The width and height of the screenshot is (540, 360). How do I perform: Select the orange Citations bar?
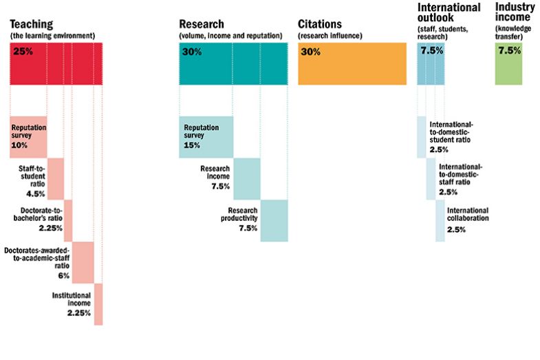coord(352,64)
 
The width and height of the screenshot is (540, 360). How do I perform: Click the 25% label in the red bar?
coord(23,52)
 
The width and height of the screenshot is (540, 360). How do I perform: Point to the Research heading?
coord(201,24)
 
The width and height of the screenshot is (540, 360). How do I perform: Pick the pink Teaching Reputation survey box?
coord(28,137)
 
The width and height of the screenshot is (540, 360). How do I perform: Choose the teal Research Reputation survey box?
coord(206,137)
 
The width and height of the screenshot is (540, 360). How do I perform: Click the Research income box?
coord(247,178)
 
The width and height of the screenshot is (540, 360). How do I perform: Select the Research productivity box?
coord(274,220)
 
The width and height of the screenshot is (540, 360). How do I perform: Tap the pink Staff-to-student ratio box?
coord(56,178)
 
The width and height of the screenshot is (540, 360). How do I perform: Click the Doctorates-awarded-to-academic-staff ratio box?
coord(83,262)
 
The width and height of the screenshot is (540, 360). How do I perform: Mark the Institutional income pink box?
coord(98,304)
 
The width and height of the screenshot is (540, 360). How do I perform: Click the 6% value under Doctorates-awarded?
coord(63,275)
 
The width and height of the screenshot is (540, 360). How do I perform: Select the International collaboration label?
coord(468,214)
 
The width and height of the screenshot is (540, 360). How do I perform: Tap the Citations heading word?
coord(320,24)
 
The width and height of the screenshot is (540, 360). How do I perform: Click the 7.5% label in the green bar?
coord(509,52)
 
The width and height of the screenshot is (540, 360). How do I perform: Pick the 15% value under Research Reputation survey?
coord(192,146)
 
